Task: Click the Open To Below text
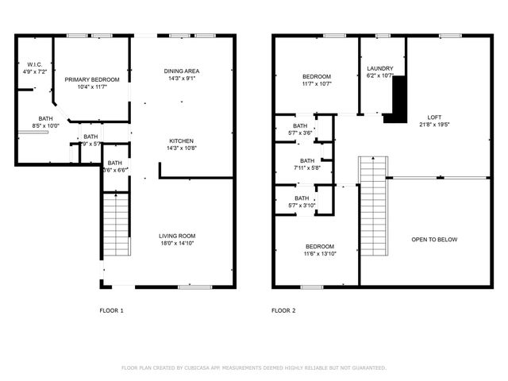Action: click(x=434, y=239)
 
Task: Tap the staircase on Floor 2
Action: click(x=371, y=205)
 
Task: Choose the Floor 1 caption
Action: click(x=111, y=310)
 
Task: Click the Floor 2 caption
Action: click(x=283, y=310)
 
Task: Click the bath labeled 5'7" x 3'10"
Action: click(x=302, y=202)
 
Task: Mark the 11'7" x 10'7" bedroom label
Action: click(x=316, y=80)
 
